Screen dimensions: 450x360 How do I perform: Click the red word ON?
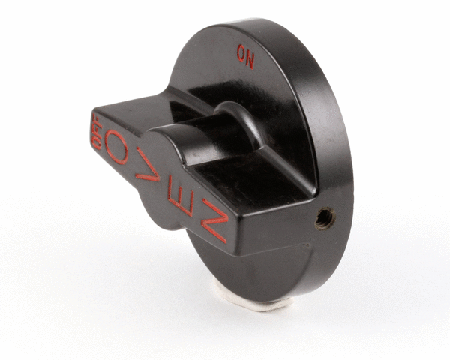[246, 57]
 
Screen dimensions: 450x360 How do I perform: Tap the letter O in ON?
[241, 53]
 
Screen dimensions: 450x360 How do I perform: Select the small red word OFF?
[97, 131]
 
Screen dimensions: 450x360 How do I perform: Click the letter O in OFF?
[97, 143]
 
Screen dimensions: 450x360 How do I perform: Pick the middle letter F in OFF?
[97, 131]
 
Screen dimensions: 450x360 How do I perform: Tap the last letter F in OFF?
[97, 119]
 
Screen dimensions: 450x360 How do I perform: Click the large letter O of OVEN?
[116, 147]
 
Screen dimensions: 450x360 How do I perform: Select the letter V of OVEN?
[148, 165]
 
